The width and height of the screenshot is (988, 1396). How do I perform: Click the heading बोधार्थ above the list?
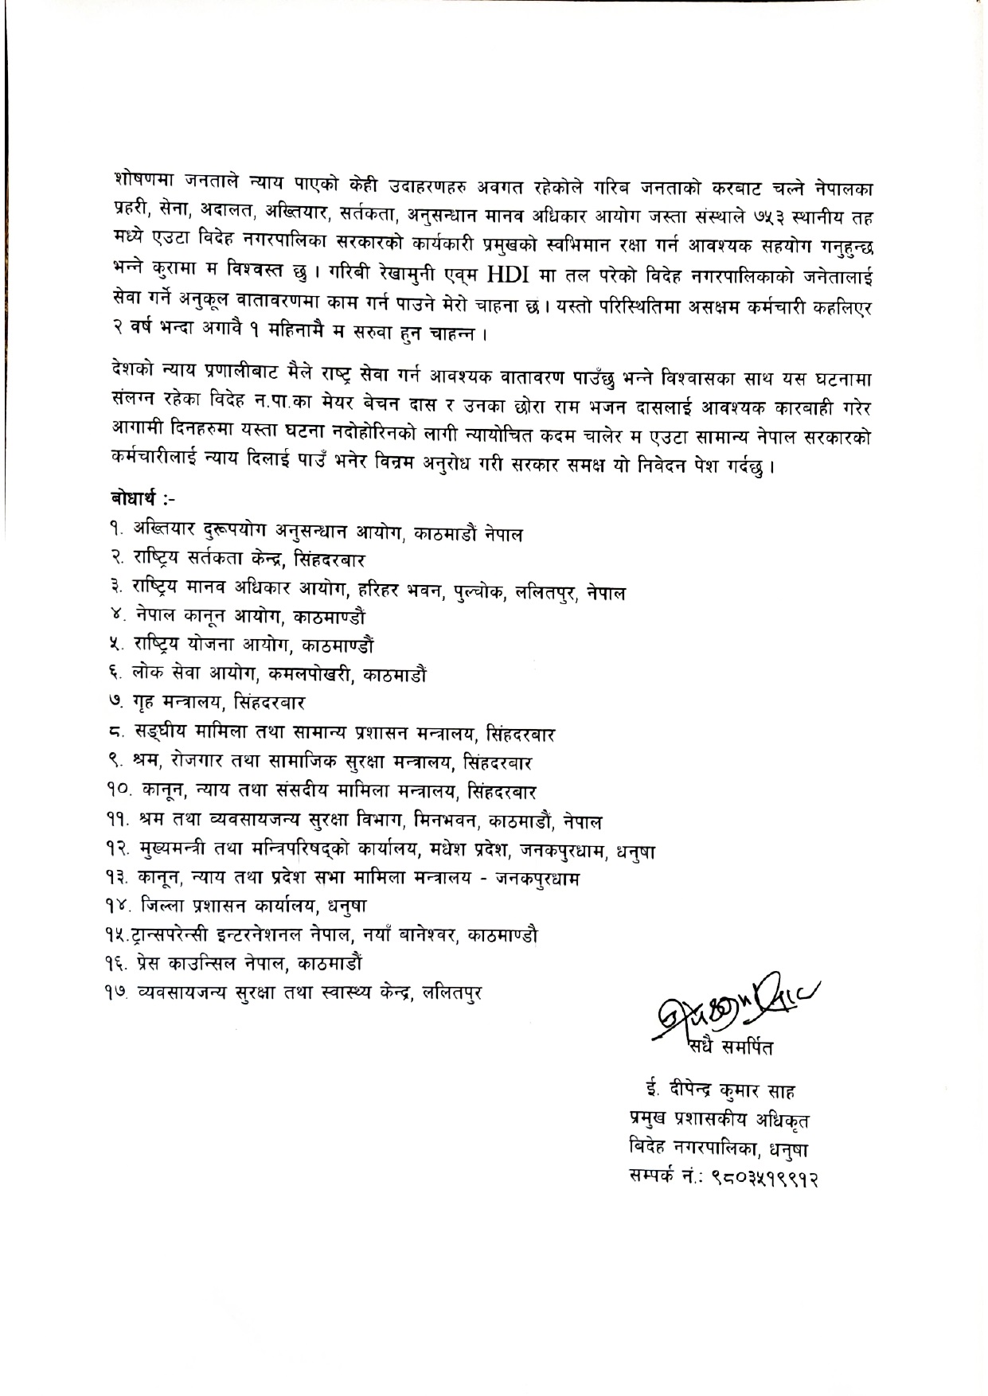(x=137, y=499)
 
